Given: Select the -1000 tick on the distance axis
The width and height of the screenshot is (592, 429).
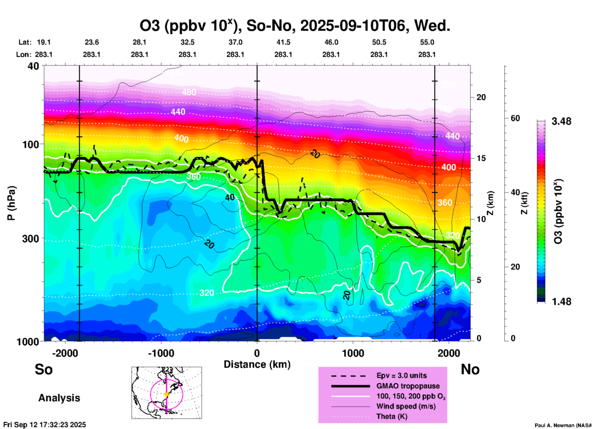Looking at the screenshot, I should tap(161, 353).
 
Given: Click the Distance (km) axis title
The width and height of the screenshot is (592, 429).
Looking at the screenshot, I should tap(257, 364).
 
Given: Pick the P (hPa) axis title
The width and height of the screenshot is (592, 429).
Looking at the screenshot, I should tap(11, 203).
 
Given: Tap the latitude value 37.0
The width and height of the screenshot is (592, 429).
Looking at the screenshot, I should tap(235, 42).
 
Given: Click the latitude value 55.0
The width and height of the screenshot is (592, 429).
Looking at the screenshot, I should tap(427, 42).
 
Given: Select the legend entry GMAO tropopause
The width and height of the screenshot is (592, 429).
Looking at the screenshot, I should tap(408, 386).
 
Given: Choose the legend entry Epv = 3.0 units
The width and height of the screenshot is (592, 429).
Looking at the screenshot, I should tap(401, 376).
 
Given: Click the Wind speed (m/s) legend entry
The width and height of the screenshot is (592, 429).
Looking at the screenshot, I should tap(406, 407).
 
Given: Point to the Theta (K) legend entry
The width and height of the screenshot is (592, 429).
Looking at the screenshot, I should tap(392, 417).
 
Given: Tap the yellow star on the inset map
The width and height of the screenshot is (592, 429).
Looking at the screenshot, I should tap(167, 394).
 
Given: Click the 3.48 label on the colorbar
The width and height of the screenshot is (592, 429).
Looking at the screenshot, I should tap(561, 122).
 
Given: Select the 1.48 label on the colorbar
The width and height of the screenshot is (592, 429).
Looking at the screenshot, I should tap(561, 302).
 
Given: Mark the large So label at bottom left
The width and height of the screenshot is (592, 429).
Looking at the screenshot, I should tap(44, 369).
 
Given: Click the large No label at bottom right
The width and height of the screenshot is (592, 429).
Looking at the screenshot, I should tap(470, 369).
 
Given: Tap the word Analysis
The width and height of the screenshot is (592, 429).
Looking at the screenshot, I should tap(59, 398).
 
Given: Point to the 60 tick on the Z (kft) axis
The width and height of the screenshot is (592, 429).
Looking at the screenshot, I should tap(515, 118).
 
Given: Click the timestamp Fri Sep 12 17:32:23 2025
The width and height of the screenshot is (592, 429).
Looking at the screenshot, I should tap(45, 425).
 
